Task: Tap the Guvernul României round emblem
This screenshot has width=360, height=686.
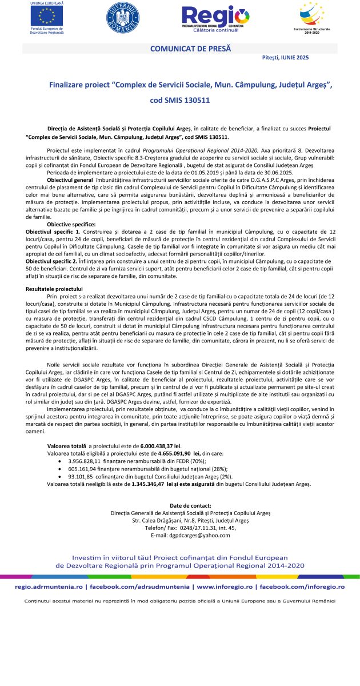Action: point(122,18)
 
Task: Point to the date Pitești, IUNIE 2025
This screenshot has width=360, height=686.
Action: point(282,58)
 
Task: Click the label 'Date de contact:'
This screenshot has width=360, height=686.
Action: point(190,505)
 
